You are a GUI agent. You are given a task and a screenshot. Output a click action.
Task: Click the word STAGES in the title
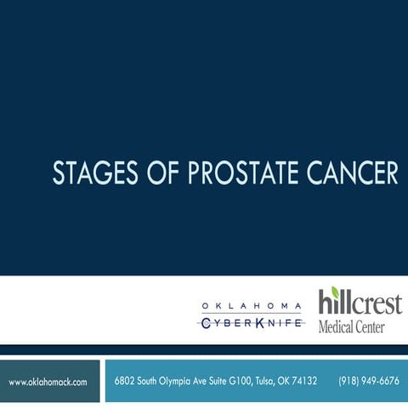(x=89, y=173)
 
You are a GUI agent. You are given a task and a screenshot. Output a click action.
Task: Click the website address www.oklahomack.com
(x=48, y=382)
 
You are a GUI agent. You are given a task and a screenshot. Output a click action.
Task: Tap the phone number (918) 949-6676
(x=368, y=381)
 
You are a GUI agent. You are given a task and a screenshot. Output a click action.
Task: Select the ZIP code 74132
(x=302, y=381)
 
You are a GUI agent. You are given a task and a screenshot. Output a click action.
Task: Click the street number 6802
(x=126, y=381)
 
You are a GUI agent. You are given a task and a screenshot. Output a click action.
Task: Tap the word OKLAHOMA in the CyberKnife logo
(x=251, y=306)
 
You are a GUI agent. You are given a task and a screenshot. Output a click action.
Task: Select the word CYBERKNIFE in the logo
(x=251, y=323)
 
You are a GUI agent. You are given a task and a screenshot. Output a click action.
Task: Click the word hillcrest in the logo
(x=360, y=303)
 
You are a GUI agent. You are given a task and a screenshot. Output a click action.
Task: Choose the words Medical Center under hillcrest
(x=351, y=326)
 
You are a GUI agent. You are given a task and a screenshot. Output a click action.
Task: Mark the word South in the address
(x=148, y=381)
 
